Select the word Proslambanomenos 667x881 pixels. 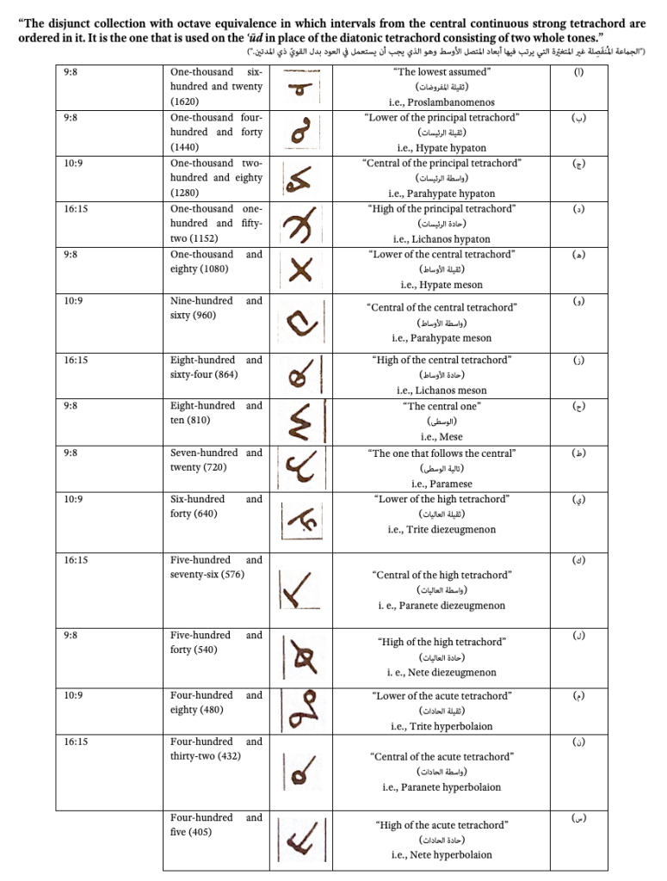pos(461,102)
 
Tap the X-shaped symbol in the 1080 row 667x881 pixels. pos(300,271)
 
